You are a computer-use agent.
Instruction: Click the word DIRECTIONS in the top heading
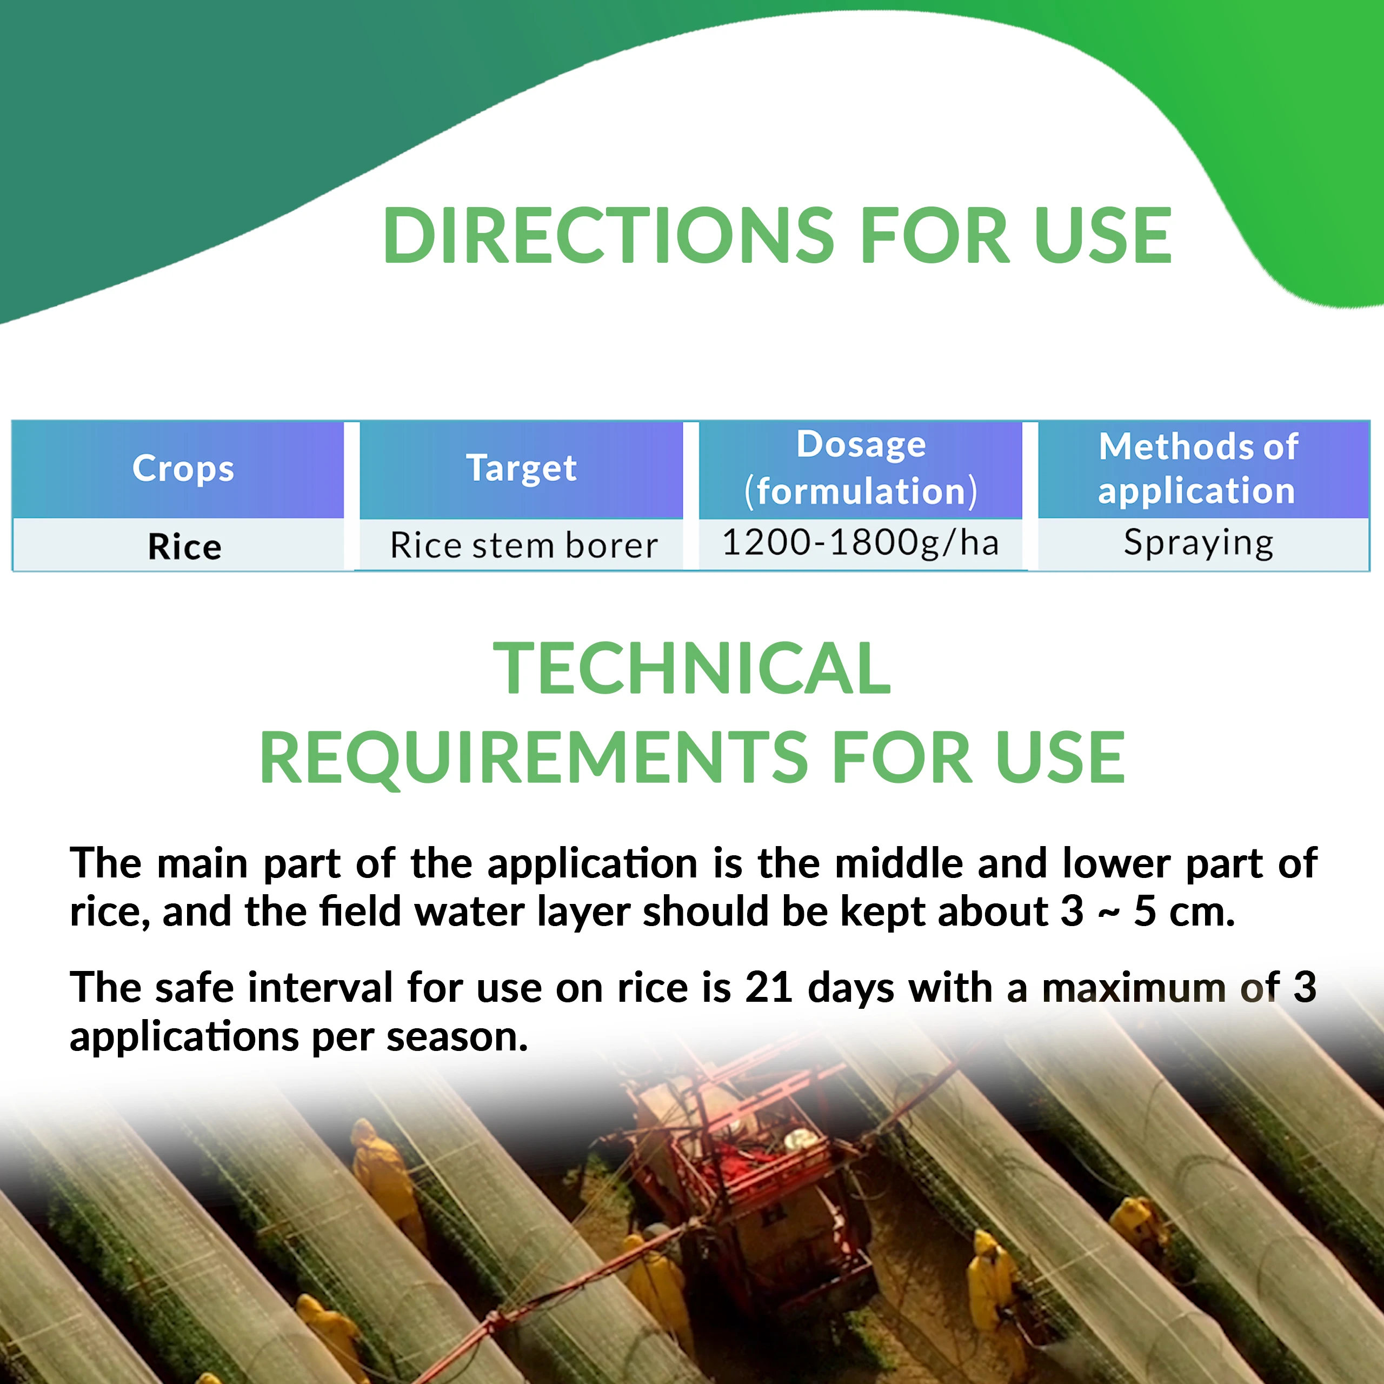(x=609, y=235)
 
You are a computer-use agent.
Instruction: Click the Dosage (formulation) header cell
(x=860, y=469)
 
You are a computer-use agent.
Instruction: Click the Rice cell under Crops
(x=185, y=547)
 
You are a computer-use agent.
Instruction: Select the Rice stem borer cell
(x=524, y=545)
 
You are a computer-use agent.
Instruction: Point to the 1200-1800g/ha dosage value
(x=860, y=542)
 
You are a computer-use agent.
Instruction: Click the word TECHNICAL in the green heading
(x=692, y=668)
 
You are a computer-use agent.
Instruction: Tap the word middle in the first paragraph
(x=899, y=862)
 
